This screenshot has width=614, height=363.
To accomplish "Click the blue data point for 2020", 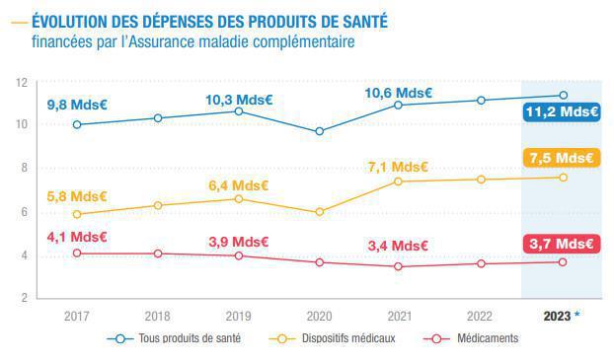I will pos(319,131).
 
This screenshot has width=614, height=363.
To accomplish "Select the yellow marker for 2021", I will pos(399,181).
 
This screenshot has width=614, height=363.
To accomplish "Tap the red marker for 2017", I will pos(77,253).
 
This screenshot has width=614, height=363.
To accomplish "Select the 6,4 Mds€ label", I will pos(240,184).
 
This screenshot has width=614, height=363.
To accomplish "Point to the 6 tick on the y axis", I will pos(23,212).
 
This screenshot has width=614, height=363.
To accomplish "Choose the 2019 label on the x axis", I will pos(238,316).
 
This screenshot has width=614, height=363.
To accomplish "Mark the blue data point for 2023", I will pos(563,95).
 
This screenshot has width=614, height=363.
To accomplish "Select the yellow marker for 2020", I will pos(319,211).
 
